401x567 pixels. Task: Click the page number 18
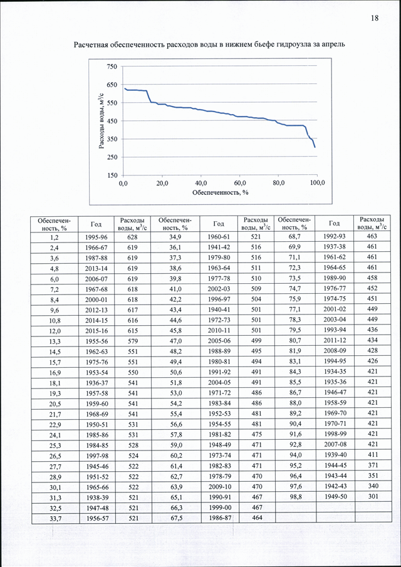tap(375, 18)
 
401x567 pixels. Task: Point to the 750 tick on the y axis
tap(113, 66)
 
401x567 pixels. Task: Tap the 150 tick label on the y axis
tap(113, 175)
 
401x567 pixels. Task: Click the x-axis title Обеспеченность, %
tap(220, 192)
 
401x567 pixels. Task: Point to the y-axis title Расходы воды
tap(103, 121)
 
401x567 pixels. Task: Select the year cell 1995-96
tap(96, 236)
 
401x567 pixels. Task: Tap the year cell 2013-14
tap(96, 268)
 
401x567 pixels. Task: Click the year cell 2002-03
tap(219, 289)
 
